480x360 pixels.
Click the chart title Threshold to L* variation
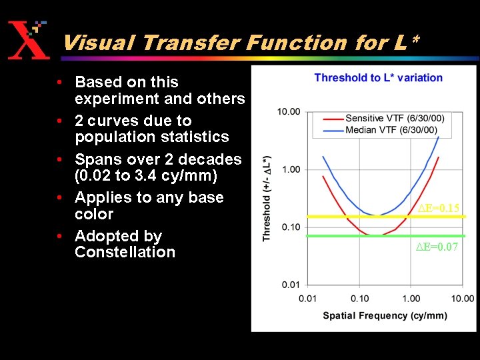click(x=378, y=78)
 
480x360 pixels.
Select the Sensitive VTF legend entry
click(x=394, y=119)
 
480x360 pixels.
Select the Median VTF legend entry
click(x=390, y=129)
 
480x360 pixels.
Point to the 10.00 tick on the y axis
click(x=289, y=111)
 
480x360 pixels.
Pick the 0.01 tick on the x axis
click(x=307, y=299)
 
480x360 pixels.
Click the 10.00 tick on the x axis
click(x=462, y=299)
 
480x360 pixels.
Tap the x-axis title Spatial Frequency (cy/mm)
click(x=385, y=315)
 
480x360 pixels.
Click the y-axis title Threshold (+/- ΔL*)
click(x=267, y=199)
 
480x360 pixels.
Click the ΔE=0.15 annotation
click(x=438, y=209)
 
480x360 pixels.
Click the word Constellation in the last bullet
click(x=125, y=252)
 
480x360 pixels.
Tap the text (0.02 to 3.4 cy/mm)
click(x=146, y=176)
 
